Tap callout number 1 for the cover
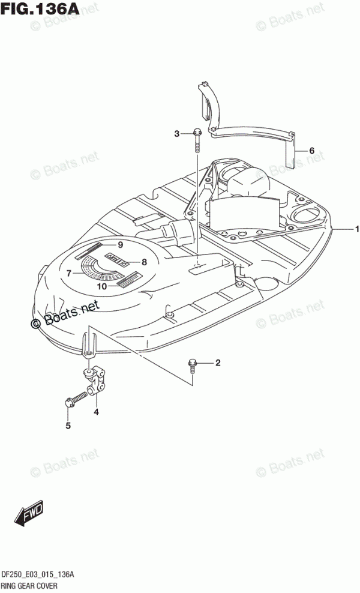pos(356,229)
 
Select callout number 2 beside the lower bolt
pos(218,363)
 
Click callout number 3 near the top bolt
pos(177,133)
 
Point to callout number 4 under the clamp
pos(96,412)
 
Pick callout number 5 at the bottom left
pos(68,426)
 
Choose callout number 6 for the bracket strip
pos(311,150)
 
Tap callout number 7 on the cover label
pos(69,273)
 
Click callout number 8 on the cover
pos(144,262)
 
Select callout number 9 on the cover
pos(120,244)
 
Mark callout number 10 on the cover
pos(101,286)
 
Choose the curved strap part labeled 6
pos(252,133)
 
